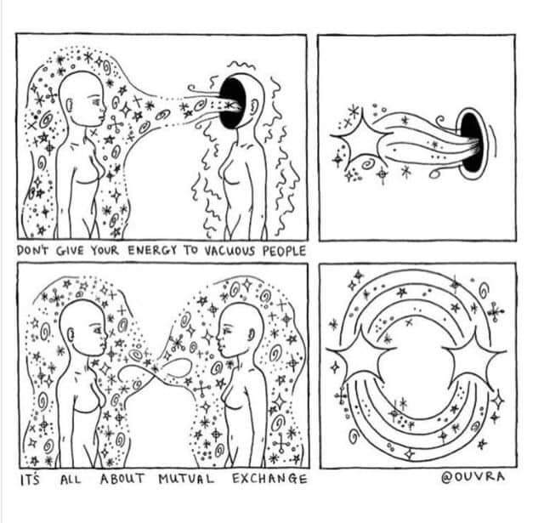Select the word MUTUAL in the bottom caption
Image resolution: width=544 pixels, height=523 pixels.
pos(187,480)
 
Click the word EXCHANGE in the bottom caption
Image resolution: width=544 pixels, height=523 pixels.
pos(269,479)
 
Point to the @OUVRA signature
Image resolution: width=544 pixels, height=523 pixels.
pos(473,477)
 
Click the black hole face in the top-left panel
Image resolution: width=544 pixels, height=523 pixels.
pos(232,103)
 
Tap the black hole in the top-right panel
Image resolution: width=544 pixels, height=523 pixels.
pos(471,142)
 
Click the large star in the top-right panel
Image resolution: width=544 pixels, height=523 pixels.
pos(360,138)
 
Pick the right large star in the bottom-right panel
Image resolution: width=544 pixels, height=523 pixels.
pos(474,357)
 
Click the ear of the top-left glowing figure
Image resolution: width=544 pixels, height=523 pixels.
pos(70,105)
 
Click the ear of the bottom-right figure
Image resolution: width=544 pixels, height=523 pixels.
pos(251,334)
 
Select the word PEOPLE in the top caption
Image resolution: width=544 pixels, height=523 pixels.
pos(284,251)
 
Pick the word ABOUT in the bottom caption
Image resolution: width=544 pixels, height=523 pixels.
pos(122,480)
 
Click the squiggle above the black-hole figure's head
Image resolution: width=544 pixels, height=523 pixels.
pos(241,65)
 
